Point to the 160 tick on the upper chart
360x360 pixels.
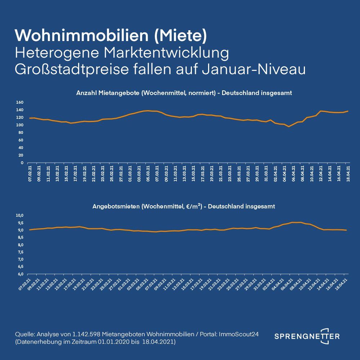[20, 102]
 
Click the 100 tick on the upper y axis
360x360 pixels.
[20, 125]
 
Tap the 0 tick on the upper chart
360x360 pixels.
[22, 163]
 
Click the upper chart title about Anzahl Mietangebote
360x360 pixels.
[184, 93]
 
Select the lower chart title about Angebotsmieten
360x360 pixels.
[184, 207]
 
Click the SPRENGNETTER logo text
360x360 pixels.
[307, 336]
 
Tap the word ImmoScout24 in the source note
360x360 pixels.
[246, 334]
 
